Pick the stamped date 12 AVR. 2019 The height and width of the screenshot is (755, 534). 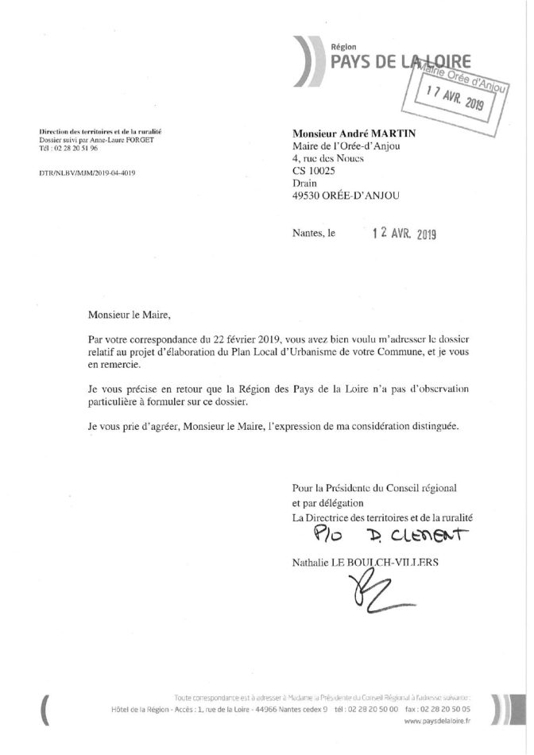[x=405, y=234]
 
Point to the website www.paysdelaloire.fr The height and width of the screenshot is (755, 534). [x=436, y=743]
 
